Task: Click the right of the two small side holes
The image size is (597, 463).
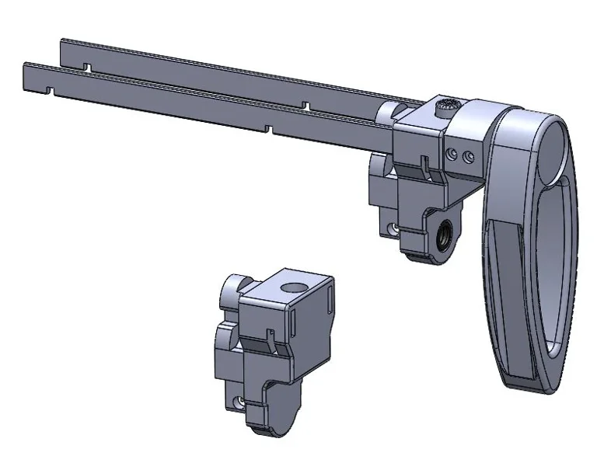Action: pyautogui.click(x=467, y=157)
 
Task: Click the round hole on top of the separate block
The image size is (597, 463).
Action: pyautogui.click(x=293, y=289)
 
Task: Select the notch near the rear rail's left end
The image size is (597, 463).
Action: pyautogui.click(x=88, y=69)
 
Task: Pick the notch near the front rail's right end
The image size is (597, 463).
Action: pyautogui.click(x=267, y=127)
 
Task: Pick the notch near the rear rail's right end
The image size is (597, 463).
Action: pyautogui.click(x=308, y=103)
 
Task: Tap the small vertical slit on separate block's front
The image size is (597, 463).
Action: pyautogui.click(x=269, y=338)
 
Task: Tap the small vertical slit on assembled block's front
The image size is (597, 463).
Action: pyautogui.click(x=424, y=165)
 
